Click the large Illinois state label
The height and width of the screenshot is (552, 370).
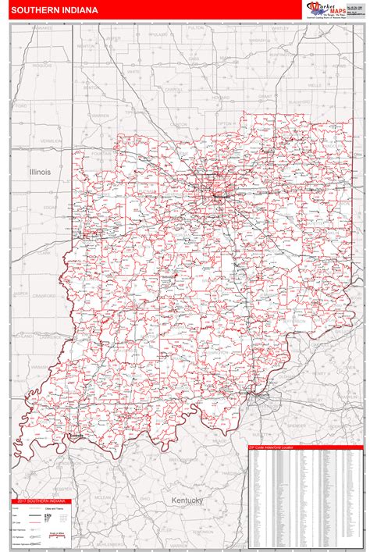point(40,171)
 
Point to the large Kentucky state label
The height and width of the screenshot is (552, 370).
point(187,500)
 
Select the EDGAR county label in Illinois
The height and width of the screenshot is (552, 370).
point(50,207)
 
